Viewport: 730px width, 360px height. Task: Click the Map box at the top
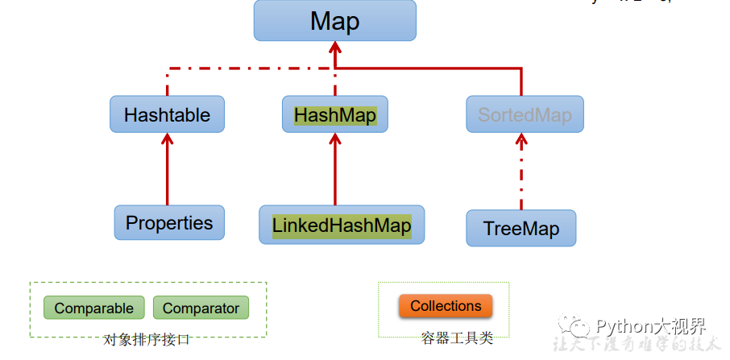334,21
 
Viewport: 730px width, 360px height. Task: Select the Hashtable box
167,114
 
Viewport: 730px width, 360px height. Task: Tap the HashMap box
334,114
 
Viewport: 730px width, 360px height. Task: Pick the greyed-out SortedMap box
525,114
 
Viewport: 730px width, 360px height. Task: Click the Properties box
169,222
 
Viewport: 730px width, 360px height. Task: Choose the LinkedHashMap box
342,225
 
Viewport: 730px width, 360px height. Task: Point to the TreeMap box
521,228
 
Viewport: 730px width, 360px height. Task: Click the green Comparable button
93,308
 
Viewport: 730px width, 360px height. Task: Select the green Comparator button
201,308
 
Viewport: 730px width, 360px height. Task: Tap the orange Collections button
446,306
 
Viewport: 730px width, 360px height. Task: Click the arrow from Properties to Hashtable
168,173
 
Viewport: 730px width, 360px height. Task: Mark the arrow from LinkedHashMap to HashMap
335,173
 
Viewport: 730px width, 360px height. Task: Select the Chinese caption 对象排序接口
147,340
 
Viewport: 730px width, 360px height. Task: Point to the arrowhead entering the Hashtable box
168,139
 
